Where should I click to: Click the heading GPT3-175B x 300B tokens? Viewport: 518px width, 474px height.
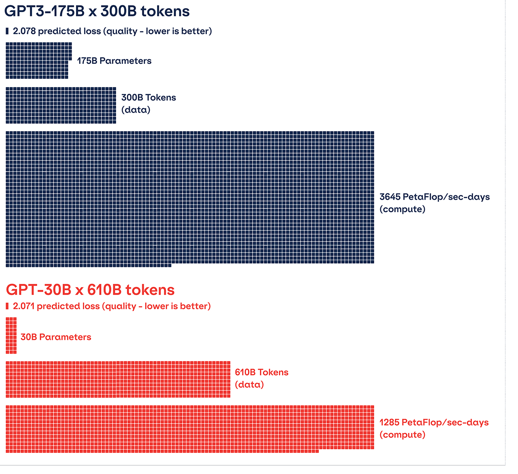[x=97, y=11]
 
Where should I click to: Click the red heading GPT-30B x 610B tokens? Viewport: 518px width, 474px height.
[x=90, y=290]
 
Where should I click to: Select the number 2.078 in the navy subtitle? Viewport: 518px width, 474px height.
[x=24, y=31]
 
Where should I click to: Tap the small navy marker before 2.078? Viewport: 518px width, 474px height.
[x=7, y=31]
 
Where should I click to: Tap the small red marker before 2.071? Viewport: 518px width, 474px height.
[x=7, y=306]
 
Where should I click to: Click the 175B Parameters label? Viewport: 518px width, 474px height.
[x=114, y=61]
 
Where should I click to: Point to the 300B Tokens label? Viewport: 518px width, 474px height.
[x=148, y=97]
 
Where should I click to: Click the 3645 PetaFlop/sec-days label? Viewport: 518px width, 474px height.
[x=435, y=197]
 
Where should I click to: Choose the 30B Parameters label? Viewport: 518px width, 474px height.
[x=56, y=337]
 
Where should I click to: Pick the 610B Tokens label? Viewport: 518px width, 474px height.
[x=262, y=372]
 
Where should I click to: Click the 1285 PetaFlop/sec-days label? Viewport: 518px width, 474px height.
[x=434, y=423]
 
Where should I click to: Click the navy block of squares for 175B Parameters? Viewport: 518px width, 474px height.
[x=38, y=60]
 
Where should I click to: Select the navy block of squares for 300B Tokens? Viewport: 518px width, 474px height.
[x=61, y=105]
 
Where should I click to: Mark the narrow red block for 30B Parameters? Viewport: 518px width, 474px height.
[x=11, y=336]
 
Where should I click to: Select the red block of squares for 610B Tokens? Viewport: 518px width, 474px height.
[x=118, y=380]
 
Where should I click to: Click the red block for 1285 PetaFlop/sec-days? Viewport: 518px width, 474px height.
[x=190, y=428]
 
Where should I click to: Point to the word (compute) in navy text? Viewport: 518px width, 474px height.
[x=402, y=210]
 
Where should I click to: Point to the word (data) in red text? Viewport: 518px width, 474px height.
[x=249, y=385]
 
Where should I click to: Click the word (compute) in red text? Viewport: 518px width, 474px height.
[x=402, y=435]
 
